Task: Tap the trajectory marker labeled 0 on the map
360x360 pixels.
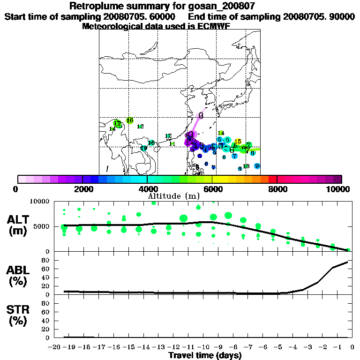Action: coord(201,115)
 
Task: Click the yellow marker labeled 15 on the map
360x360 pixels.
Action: coord(238,142)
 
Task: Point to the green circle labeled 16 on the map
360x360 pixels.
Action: coord(130,120)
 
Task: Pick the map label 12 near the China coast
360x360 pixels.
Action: coord(168,136)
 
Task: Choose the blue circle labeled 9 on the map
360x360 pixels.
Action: coord(257,166)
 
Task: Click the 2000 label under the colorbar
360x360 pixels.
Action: coord(82,189)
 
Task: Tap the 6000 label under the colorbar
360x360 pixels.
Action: coord(212,189)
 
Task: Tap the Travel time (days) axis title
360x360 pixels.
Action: coord(205,355)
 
